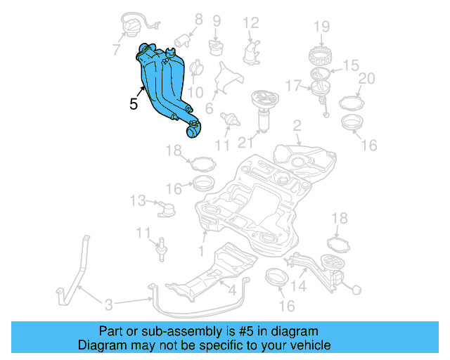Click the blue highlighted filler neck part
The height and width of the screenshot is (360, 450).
(x=165, y=88)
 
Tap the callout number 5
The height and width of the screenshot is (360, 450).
(x=134, y=104)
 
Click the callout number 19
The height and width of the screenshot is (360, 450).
(x=321, y=27)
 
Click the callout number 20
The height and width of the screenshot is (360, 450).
(x=366, y=78)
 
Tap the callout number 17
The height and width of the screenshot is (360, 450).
(x=293, y=86)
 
